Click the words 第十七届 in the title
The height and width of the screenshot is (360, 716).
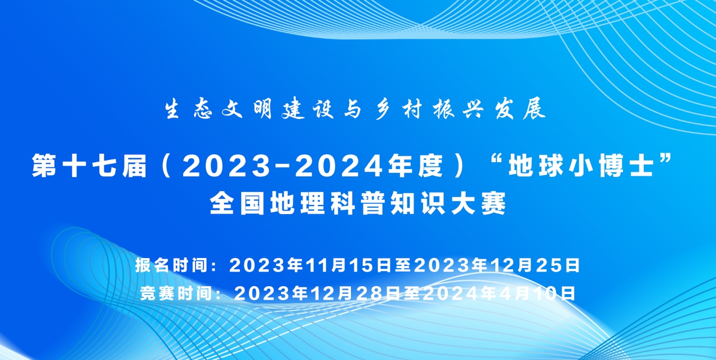90,166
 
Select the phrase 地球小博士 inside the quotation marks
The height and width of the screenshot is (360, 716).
581,166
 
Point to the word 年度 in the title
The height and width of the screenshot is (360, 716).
416,166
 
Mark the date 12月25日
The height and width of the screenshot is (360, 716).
535,265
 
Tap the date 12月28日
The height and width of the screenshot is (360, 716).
356,293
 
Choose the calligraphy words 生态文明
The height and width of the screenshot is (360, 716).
219,109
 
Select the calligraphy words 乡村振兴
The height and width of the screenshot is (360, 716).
429,109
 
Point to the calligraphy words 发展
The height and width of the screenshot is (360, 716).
520,109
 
